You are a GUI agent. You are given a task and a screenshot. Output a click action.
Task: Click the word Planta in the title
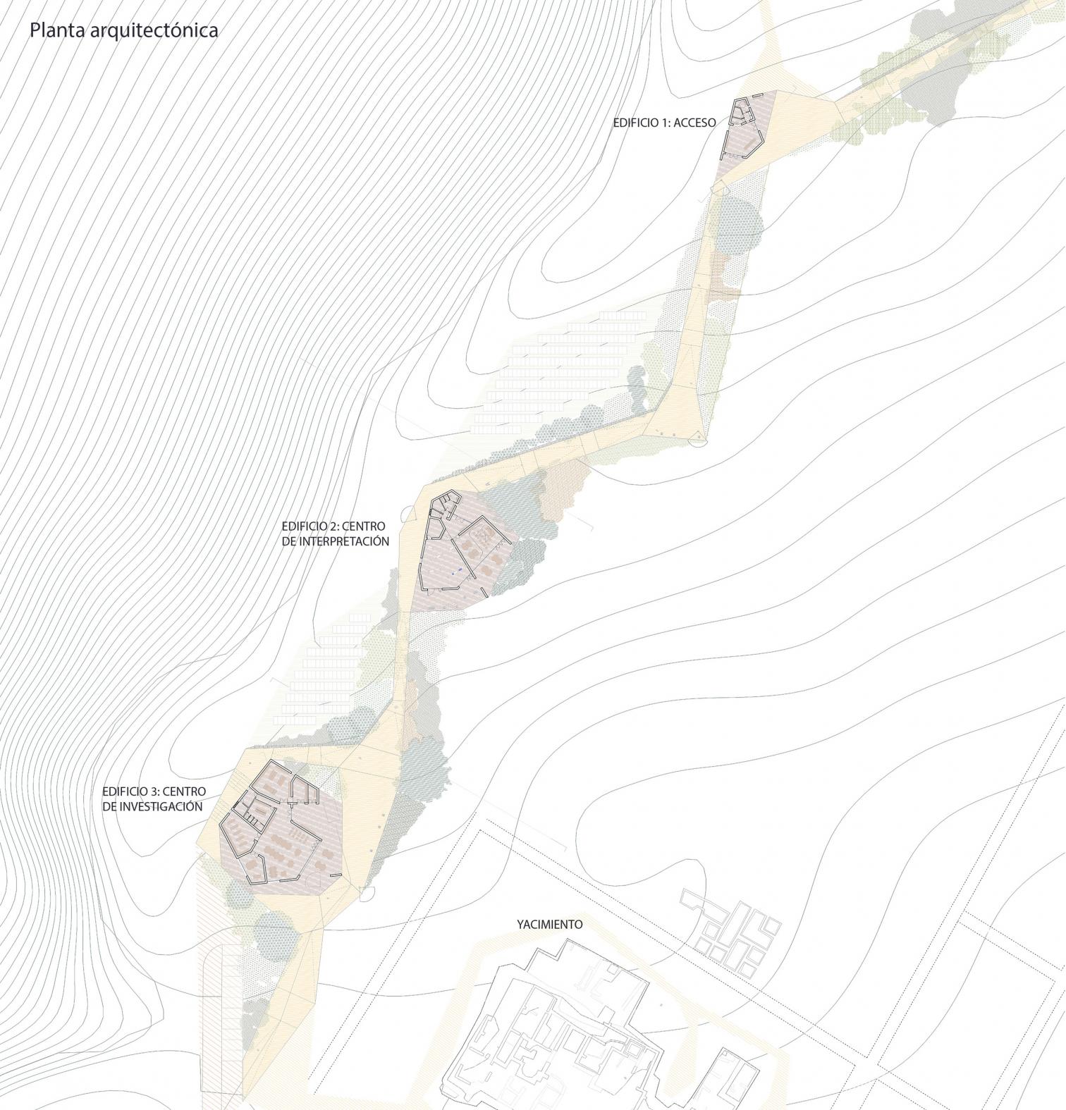55,31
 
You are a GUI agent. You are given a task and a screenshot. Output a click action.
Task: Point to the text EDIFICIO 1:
642,123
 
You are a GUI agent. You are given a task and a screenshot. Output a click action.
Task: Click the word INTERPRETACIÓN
335,541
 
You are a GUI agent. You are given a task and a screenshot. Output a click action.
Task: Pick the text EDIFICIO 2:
311,526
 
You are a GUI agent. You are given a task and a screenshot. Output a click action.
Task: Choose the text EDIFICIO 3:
132,792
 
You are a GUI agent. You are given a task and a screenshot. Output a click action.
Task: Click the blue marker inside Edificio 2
459,568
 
